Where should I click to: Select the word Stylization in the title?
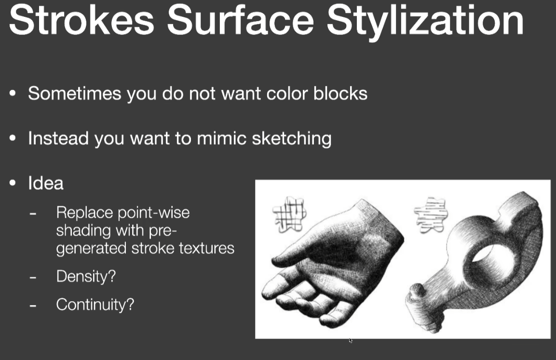click(x=425, y=22)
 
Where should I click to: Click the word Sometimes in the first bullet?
click(x=74, y=93)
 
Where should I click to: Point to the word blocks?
click(x=340, y=93)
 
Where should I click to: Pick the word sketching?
click(x=292, y=138)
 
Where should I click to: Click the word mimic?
click(x=221, y=138)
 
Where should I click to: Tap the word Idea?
click(x=46, y=183)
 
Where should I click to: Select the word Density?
click(x=86, y=276)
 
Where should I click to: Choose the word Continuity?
click(x=95, y=305)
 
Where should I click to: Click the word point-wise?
click(x=153, y=213)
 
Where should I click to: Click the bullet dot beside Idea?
click(x=13, y=183)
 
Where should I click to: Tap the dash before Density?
click(x=33, y=277)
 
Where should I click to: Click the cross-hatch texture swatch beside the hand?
click(x=289, y=214)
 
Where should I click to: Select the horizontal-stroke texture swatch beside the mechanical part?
click(x=431, y=215)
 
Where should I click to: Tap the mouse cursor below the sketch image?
click(x=351, y=340)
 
